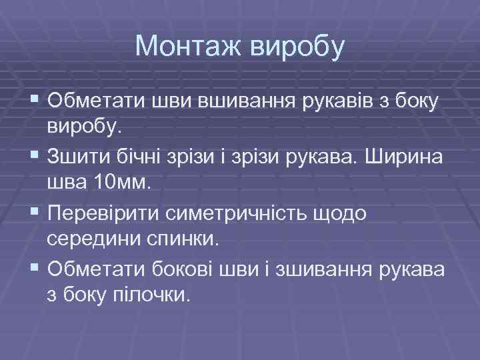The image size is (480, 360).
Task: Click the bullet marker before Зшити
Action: tap(35, 156)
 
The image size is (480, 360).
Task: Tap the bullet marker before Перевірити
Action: tap(35, 211)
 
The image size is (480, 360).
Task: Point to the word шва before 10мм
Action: tap(67, 183)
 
